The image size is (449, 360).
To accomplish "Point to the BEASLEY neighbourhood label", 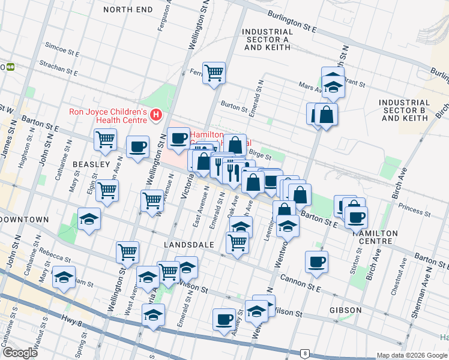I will click(x=91, y=164).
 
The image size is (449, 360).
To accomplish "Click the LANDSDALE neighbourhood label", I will click(x=185, y=245).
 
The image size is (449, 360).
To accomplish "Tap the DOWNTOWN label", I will click(x=24, y=220).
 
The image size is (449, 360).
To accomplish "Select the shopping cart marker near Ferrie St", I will click(x=214, y=74).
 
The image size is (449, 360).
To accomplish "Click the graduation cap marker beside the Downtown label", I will click(x=89, y=219).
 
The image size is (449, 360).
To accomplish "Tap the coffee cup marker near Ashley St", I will click(x=224, y=319).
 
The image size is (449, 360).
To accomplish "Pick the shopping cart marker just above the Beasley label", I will click(x=105, y=139).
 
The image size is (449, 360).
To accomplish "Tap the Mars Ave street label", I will click(x=310, y=88).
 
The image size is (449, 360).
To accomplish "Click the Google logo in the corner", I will click(x=19, y=353).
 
